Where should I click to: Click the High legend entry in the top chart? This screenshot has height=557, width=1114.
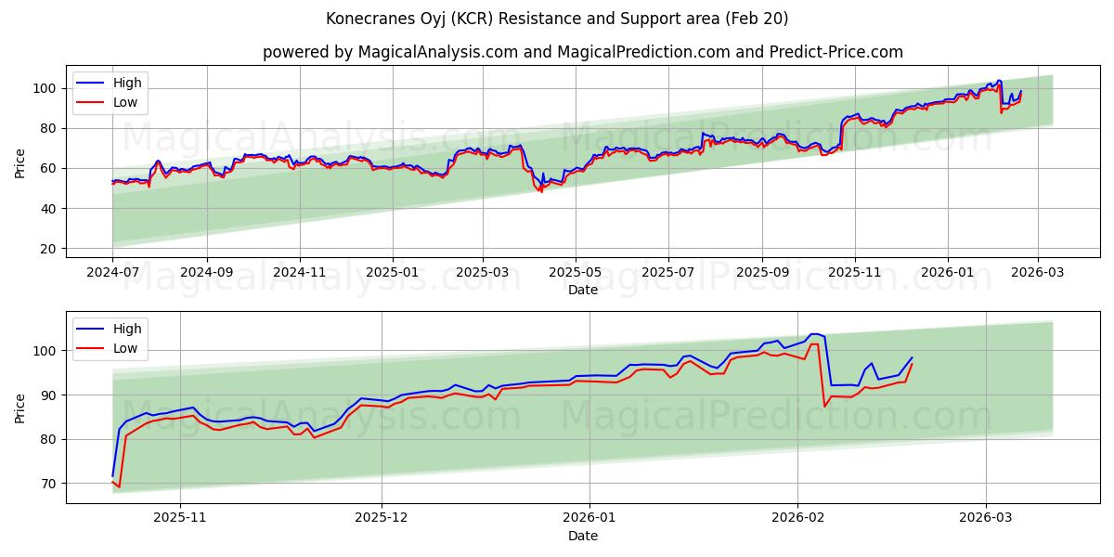coord(127,83)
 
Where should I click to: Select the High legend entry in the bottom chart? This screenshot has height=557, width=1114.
coord(127,329)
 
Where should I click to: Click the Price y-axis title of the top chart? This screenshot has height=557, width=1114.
coord(20,162)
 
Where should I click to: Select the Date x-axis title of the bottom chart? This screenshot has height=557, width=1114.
coord(582,536)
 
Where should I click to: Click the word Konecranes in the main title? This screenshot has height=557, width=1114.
coord(369,19)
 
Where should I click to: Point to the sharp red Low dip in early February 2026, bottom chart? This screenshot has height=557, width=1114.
coord(824,406)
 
